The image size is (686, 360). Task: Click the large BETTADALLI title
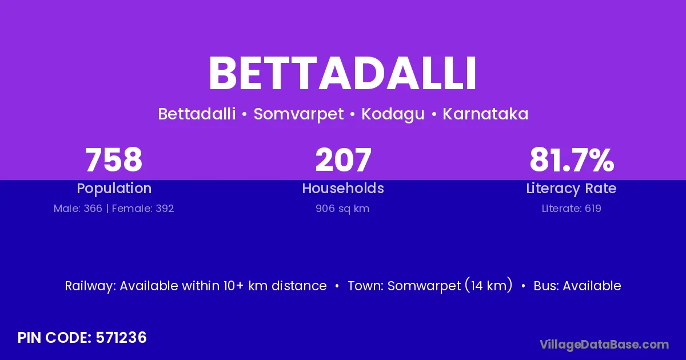342,73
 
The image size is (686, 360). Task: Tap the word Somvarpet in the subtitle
298,114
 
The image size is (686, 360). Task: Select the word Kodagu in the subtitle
393,114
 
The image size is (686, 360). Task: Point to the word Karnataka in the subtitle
485,114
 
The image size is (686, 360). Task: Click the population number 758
114,160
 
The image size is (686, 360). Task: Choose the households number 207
344,160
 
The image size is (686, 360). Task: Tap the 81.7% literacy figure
572,160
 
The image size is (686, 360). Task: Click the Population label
114,189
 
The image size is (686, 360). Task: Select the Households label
343,188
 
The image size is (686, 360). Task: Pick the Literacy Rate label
571,189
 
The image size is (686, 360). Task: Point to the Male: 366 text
78,209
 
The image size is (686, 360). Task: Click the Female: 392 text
143,209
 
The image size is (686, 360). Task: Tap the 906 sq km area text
342,209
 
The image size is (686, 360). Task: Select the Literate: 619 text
572,209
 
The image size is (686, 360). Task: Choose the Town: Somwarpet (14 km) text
430,286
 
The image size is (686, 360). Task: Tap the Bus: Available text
577,286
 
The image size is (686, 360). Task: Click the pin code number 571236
121,338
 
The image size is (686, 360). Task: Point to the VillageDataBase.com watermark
604,345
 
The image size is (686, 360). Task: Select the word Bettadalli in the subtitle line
197,114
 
